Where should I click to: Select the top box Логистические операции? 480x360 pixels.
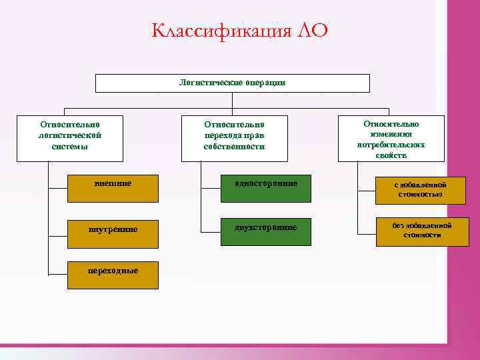coord(232,83)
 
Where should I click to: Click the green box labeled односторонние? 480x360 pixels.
coord(266,188)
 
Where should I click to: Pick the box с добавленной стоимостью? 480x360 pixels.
coord(420,190)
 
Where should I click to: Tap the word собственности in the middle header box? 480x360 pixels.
coord(235,147)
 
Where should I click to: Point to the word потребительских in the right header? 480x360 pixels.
coord(391,145)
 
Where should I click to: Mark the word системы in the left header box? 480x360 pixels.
coord(70,147)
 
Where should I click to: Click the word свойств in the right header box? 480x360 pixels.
coord(391,155)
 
